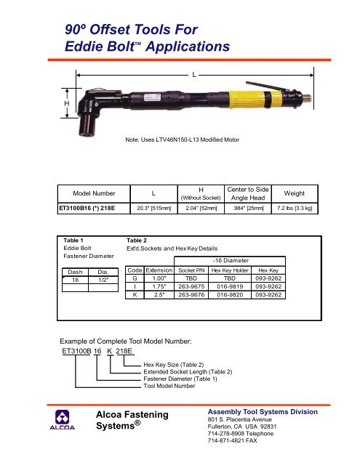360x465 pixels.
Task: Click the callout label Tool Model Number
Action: click(x=175, y=387)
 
